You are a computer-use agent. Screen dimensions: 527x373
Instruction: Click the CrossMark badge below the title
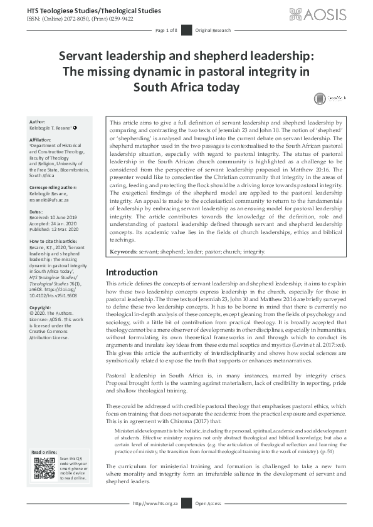pos(328,98)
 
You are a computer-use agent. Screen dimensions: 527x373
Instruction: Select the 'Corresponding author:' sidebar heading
pos(55,187)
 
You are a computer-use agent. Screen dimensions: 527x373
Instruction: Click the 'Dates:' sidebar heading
pos(37,210)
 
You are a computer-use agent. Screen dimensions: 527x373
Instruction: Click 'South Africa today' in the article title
pos(186,86)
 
